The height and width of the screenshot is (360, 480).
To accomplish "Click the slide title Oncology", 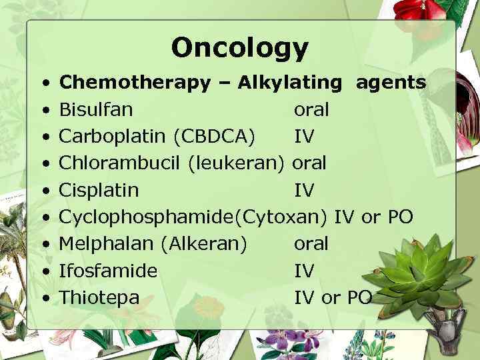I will [239, 47].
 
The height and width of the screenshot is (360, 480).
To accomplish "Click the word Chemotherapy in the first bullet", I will [135, 83].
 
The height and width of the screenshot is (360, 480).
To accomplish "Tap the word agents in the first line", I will [391, 83].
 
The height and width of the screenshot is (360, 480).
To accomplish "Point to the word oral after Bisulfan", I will [311, 109].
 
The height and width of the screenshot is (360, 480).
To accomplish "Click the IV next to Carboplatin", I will [304, 137].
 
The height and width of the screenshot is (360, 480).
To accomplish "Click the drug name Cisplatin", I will [99, 190].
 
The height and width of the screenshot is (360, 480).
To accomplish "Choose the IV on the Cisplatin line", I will [304, 190].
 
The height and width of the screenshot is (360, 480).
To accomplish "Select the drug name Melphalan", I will [107, 244].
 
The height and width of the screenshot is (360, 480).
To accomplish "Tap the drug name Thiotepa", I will [99, 297].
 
